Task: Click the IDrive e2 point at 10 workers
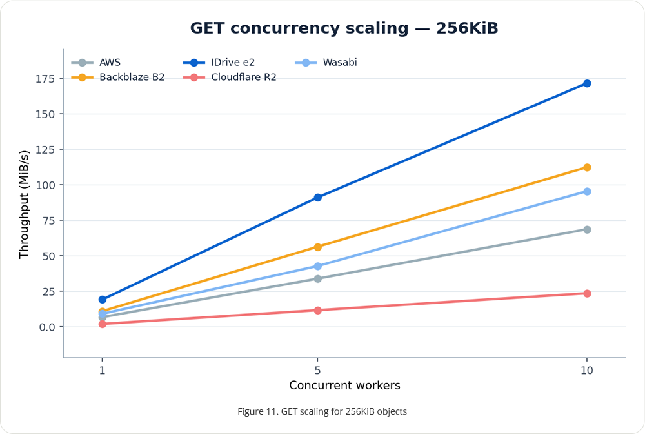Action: (x=586, y=83)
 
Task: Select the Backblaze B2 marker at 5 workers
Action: (x=317, y=247)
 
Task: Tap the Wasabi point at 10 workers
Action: (x=586, y=191)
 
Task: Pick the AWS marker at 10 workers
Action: (x=586, y=229)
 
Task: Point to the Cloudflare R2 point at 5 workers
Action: (x=317, y=310)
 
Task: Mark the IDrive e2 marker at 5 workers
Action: (x=317, y=198)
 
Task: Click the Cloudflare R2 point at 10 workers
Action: (x=586, y=294)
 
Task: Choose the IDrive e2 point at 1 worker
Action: (x=103, y=300)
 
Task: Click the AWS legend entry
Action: (x=96, y=63)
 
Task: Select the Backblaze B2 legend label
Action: (x=132, y=77)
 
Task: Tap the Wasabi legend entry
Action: (x=326, y=63)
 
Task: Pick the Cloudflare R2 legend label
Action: (x=244, y=77)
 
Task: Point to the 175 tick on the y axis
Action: (x=45, y=79)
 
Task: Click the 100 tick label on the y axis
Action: (x=45, y=185)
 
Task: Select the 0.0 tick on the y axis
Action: (x=47, y=327)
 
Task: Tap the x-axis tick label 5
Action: (x=317, y=370)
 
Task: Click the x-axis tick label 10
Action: (x=586, y=370)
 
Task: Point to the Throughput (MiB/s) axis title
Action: (x=25, y=205)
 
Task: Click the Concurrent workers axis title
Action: (x=344, y=386)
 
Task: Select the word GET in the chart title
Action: (x=207, y=28)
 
